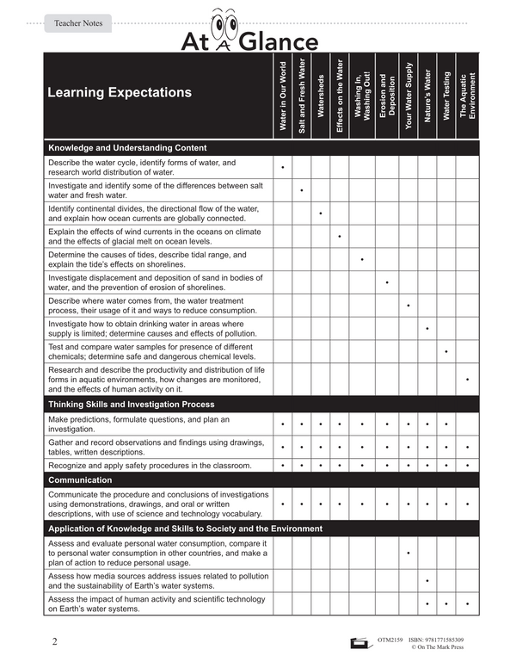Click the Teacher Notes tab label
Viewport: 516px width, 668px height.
tap(78, 23)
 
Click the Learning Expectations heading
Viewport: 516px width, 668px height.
tap(120, 92)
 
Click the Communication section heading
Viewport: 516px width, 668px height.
tap(80, 479)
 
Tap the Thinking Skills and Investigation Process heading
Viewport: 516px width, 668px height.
tap(132, 404)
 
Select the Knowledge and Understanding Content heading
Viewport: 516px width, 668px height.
tap(127, 147)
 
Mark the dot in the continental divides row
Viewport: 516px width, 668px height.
tap(321, 213)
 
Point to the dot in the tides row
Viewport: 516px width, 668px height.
tap(362, 259)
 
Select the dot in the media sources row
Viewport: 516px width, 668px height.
tap(427, 581)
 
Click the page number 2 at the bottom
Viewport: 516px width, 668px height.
tap(55, 641)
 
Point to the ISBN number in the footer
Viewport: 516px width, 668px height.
tap(434, 640)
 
